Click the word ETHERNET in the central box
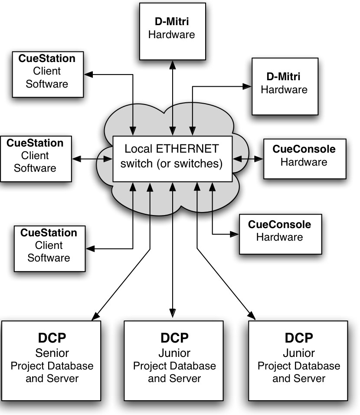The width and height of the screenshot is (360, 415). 189,149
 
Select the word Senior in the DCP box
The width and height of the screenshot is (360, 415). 52,352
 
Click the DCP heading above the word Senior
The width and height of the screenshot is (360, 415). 52,338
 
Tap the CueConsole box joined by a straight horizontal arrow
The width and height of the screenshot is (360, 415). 305,159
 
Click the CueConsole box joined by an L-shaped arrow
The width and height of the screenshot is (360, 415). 280,233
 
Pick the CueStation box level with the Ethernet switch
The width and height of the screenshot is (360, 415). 36,158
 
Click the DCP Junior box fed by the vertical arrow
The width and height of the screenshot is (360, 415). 174,360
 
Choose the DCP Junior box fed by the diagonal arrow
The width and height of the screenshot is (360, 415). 299,360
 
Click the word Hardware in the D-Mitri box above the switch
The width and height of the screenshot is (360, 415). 172,34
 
